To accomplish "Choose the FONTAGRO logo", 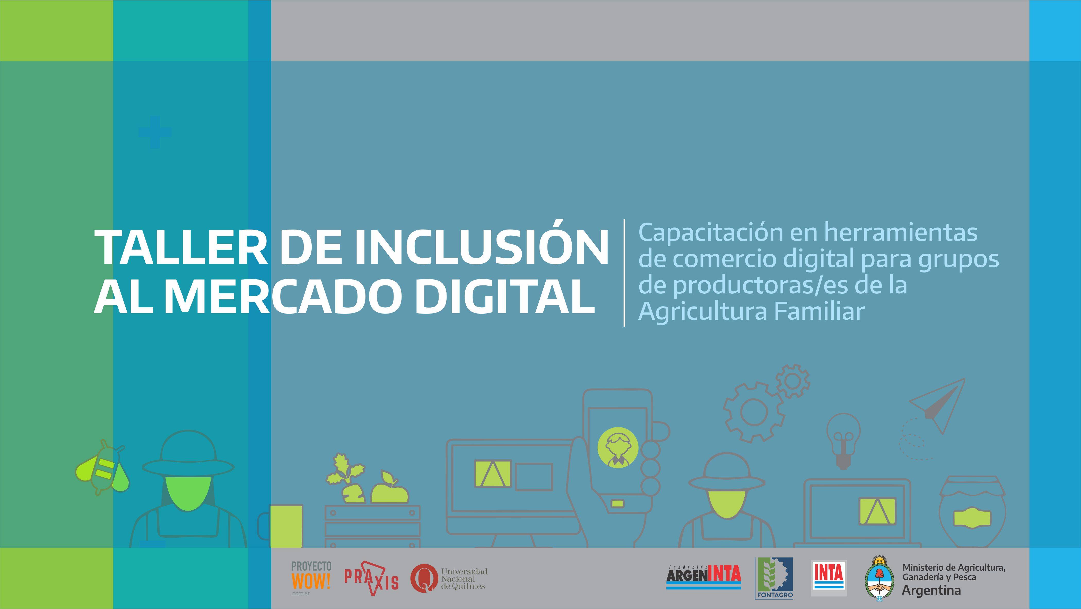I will pyautogui.click(x=774, y=578).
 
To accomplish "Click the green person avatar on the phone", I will pyautogui.click(x=618, y=448).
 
